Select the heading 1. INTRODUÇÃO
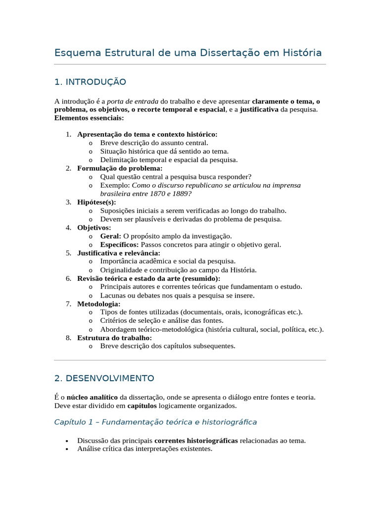click(x=90, y=82)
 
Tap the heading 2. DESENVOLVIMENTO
click(x=104, y=378)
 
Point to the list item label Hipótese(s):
click(x=96, y=202)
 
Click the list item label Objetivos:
click(x=94, y=228)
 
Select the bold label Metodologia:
click(x=98, y=304)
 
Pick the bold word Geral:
click(x=110, y=236)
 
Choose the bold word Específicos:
click(x=120, y=245)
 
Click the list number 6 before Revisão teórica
click(x=68, y=278)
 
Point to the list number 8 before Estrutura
click(x=68, y=338)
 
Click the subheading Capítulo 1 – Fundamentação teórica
click(x=155, y=422)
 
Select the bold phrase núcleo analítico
click(x=92, y=397)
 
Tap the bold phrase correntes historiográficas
click(x=196, y=440)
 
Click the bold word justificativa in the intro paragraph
click(x=259, y=109)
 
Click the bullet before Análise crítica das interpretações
click(x=67, y=449)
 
